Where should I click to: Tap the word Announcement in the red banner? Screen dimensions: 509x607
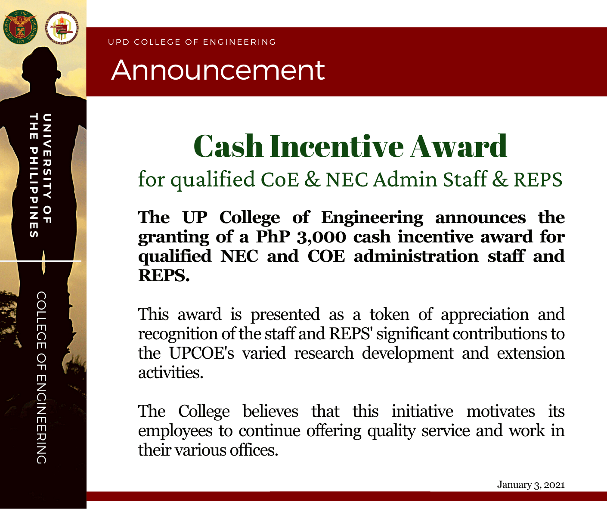(218, 70)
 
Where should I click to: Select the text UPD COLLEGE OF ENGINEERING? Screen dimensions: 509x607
(192, 42)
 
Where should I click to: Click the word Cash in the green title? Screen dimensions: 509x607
(228, 146)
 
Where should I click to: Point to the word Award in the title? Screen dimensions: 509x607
(458, 146)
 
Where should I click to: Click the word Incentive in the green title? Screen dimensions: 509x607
(337, 146)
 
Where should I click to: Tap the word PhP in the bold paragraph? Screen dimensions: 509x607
(273, 237)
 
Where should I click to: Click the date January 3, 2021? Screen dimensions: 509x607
(531, 485)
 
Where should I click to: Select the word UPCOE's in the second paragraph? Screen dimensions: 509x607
(201, 354)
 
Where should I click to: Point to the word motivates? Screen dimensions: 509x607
(501, 412)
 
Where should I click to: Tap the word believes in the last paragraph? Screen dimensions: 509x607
(270, 412)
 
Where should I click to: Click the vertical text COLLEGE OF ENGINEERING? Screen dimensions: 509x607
(41, 378)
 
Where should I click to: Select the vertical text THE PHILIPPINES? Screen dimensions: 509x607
(34, 175)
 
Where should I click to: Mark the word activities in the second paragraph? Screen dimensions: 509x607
(170, 373)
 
